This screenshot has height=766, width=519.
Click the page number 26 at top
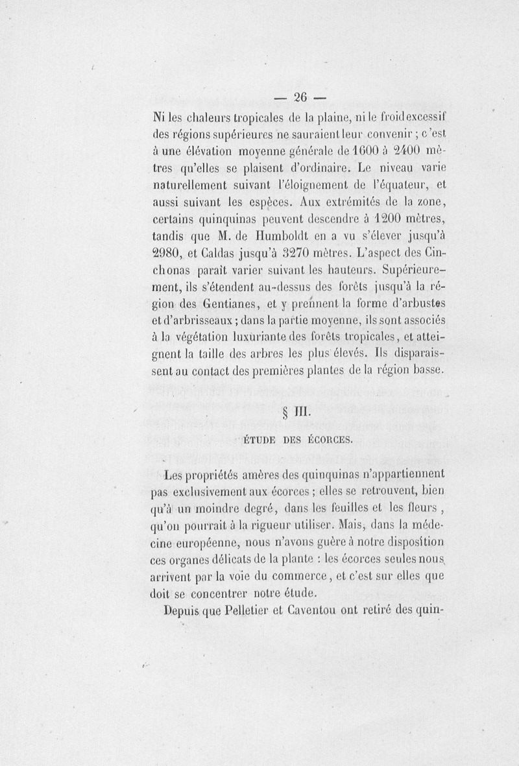coord(299,98)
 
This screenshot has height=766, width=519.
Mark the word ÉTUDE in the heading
coord(261,440)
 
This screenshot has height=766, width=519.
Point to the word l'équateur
coord(402,184)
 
